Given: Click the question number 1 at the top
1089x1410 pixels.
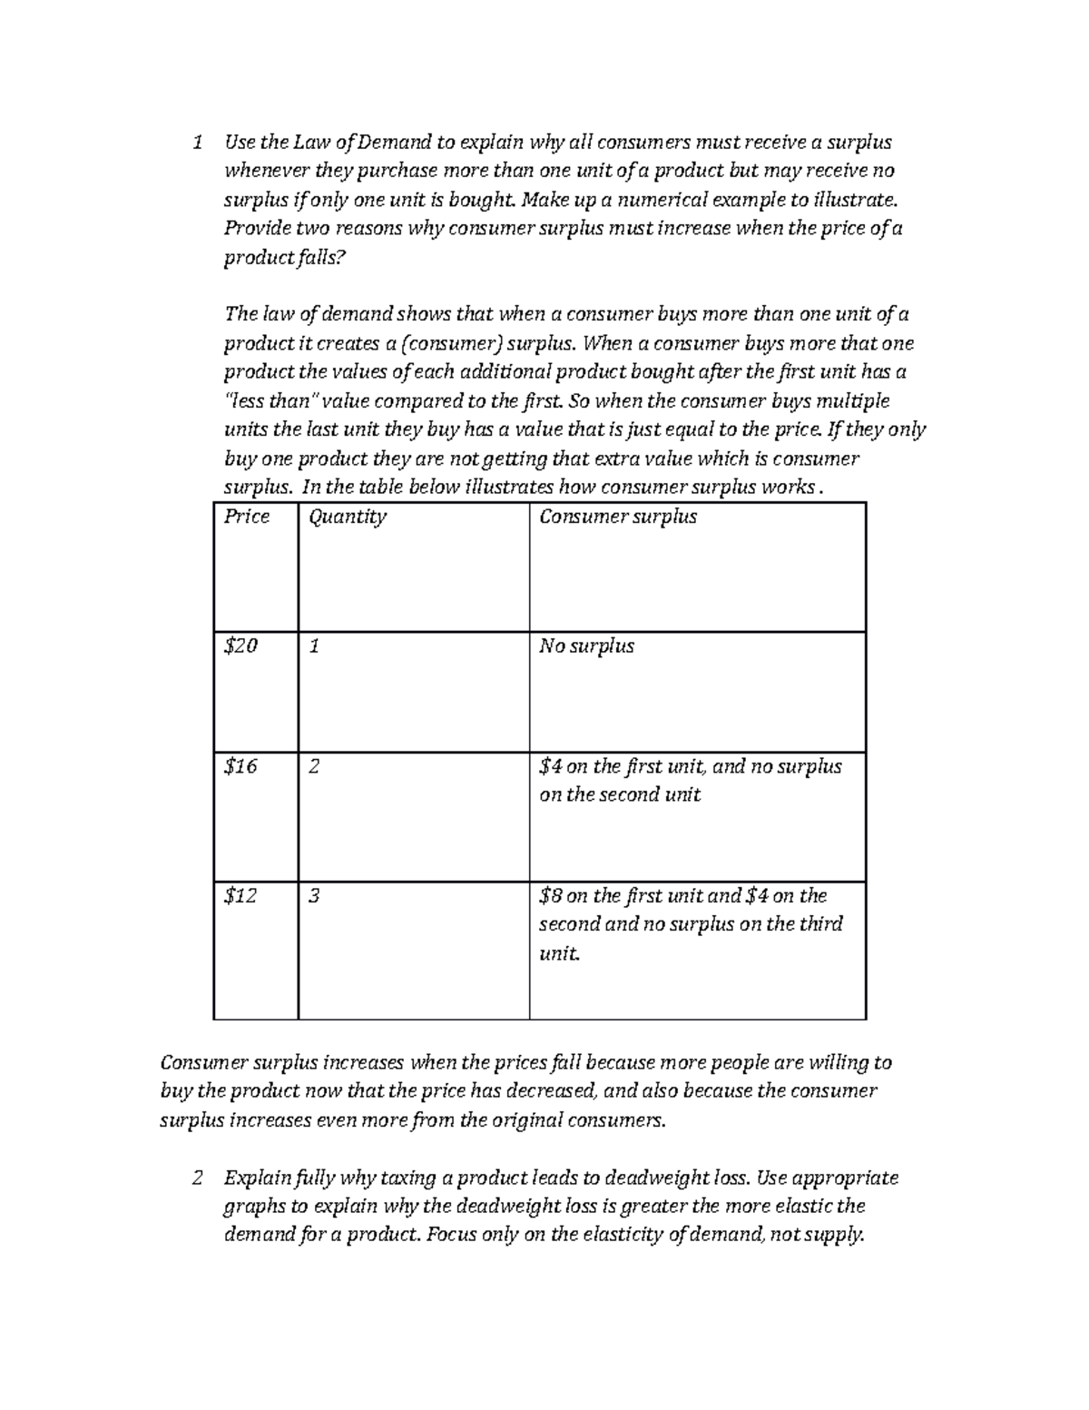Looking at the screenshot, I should pos(197,143).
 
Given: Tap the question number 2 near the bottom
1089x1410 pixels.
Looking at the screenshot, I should pos(197,1178).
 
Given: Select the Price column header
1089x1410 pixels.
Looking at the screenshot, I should pos(247,517).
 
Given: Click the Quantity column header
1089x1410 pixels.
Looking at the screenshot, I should pos(348,518).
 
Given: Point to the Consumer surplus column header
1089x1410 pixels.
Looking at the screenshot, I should pos(618,517).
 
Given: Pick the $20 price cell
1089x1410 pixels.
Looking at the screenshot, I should pos(241,646).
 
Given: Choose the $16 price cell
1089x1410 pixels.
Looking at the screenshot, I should pos(241,766).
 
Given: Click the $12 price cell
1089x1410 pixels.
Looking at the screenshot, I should pos(241,896).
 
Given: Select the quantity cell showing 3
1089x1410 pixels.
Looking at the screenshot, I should pos(314,896).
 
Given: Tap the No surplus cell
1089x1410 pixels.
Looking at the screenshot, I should pos(586,646).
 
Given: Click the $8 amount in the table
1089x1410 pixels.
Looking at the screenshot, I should pos(550,896).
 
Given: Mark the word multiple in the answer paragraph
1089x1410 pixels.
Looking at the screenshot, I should pos(853,401).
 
